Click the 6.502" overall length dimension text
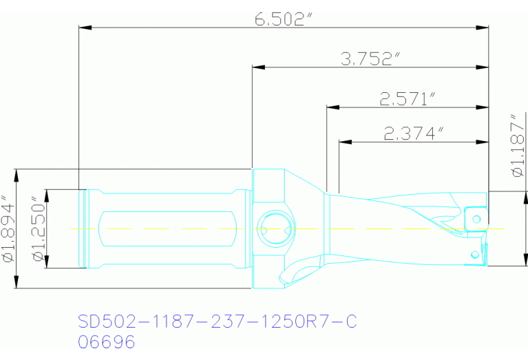tap(279, 19)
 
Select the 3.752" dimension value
tap(370, 59)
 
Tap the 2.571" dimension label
tap(408, 99)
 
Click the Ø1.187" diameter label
tap(518, 149)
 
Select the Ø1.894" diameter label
tap(8, 229)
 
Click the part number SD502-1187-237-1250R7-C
tap(218, 321)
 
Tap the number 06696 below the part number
tap(107, 342)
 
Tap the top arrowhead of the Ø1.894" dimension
tap(15, 174)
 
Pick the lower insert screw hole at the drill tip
tap(474, 255)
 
